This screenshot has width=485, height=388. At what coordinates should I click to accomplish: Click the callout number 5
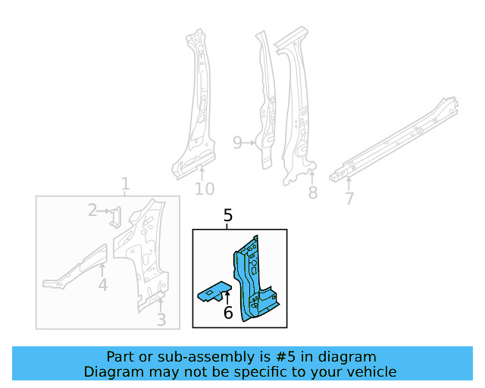(x=228, y=217)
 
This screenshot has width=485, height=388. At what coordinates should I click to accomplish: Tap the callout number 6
(x=228, y=312)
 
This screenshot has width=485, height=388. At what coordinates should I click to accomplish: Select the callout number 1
(x=126, y=184)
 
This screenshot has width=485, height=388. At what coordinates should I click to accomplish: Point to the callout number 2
(x=92, y=210)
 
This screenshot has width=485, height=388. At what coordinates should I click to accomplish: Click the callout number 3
(x=161, y=320)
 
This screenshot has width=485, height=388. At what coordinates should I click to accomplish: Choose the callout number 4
(x=103, y=285)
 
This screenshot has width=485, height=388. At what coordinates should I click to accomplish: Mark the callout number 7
(x=349, y=199)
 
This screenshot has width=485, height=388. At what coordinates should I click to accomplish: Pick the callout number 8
(x=312, y=192)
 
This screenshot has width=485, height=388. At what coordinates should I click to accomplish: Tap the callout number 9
(x=237, y=142)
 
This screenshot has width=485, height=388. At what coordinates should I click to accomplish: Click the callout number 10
(x=204, y=189)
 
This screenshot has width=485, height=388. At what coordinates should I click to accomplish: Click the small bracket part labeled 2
(x=114, y=217)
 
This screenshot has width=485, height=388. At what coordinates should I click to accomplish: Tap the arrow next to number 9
(x=251, y=142)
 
